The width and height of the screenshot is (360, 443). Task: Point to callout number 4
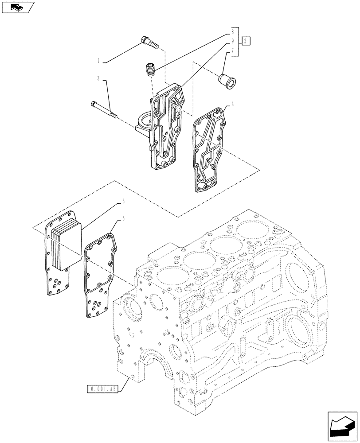point(232,105)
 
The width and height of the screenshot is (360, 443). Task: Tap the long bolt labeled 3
point(105,110)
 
